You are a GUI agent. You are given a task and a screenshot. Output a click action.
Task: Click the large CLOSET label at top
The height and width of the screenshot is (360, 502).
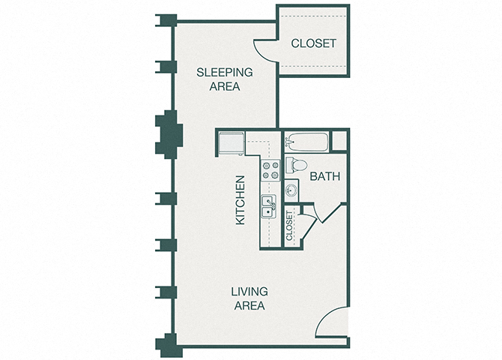(x=313, y=43)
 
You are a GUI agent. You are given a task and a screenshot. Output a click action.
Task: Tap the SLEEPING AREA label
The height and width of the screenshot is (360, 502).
(x=225, y=79)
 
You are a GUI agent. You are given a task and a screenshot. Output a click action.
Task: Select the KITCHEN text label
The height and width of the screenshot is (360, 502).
(x=241, y=200)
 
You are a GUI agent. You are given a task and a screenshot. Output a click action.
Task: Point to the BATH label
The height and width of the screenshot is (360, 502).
(x=325, y=177)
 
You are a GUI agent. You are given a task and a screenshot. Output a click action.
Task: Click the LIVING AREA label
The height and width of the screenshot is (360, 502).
(x=249, y=298)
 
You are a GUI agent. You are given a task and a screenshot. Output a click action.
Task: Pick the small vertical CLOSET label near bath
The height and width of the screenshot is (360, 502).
(x=290, y=226)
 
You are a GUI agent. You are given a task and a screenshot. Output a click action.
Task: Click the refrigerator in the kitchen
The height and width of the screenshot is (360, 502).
(x=229, y=142)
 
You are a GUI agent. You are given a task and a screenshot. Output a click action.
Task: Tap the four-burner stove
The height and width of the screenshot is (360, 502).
(x=270, y=170)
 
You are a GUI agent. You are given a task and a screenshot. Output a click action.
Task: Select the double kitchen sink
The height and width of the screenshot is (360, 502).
(x=268, y=206)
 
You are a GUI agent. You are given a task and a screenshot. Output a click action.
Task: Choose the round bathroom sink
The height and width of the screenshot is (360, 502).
(x=291, y=190)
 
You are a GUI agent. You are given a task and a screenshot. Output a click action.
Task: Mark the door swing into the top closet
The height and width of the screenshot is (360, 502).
(x=265, y=51)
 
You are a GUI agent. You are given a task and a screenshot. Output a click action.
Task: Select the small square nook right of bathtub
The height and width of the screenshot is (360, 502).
(x=339, y=141)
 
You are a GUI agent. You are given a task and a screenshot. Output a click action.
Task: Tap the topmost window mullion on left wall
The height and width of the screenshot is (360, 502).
(x=165, y=20)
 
